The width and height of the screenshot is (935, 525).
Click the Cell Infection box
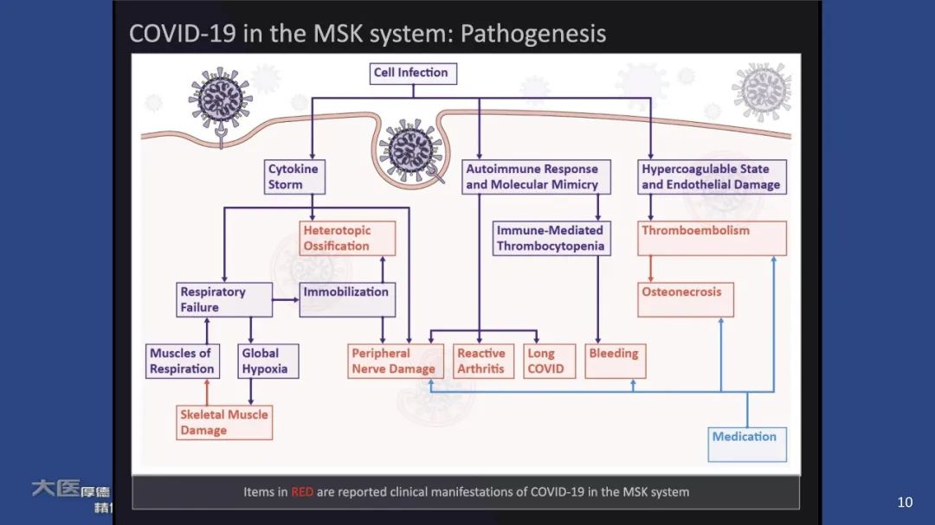[x=413, y=74]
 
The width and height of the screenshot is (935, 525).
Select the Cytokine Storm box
[x=293, y=176]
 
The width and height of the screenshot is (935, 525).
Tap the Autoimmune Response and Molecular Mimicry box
[x=532, y=176]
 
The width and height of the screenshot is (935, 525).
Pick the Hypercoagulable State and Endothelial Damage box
[x=711, y=176]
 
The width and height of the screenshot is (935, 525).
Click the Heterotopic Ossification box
[x=347, y=238]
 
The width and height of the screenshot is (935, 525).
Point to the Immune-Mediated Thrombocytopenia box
[x=550, y=238]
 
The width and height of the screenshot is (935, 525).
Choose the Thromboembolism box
[x=712, y=238]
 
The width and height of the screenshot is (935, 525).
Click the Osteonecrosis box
[x=685, y=299]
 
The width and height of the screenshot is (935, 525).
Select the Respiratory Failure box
[x=225, y=299]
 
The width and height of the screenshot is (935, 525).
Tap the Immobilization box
[x=347, y=299]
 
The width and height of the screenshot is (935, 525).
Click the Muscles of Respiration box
[x=182, y=361]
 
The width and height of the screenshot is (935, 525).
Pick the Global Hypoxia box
[x=268, y=361]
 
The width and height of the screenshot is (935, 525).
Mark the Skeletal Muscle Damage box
[x=224, y=422]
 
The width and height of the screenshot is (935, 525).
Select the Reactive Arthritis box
[x=484, y=361]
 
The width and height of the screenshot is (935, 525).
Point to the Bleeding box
[x=615, y=361]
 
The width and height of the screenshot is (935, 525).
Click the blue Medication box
[x=747, y=444]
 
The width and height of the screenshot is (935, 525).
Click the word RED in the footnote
[x=302, y=492]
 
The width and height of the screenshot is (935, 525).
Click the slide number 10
[x=905, y=503]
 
